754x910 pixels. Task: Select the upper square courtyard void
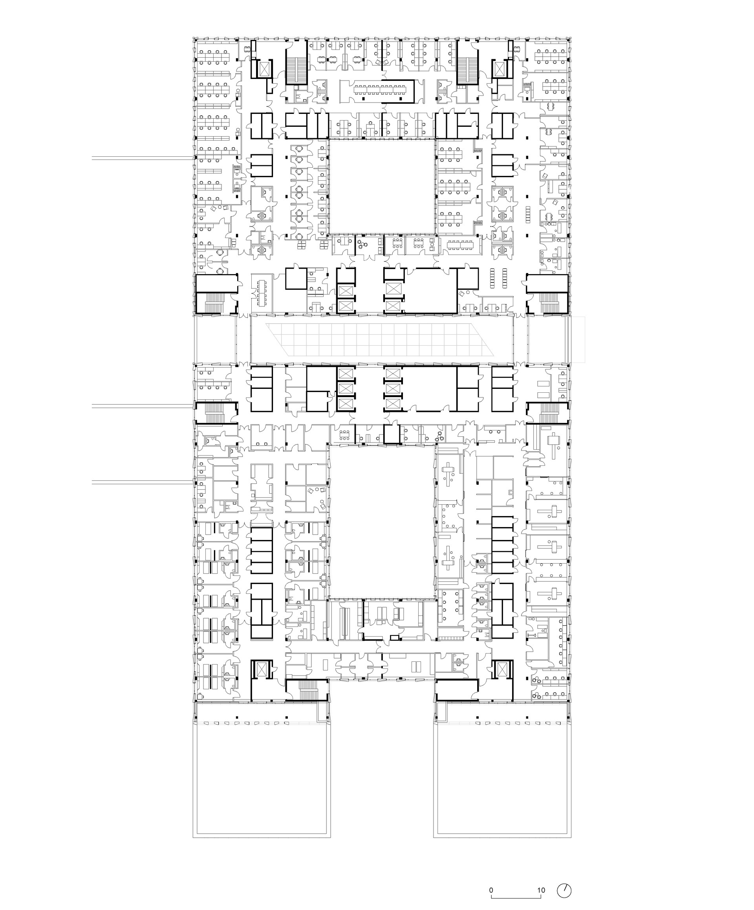tap(382, 186)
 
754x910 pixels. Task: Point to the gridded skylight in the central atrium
tap(382, 340)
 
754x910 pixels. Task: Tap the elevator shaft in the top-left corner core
tap(264, 68)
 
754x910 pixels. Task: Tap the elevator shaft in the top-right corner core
tap(500, 68)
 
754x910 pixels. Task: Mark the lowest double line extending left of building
tap(143, 482)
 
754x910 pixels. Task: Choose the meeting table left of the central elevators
tap(262, 290)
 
